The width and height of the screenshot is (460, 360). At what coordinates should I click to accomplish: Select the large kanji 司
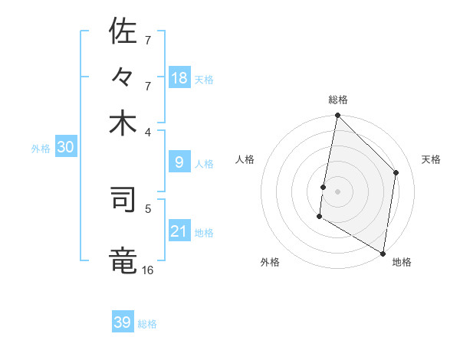click(x=123, y=200)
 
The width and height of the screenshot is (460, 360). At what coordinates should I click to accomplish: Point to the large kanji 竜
click(x=123, y=260)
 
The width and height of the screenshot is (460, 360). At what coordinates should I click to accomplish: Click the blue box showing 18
click(x=179, y=78)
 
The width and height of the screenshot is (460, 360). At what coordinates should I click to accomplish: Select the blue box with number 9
click(x=179, y=162)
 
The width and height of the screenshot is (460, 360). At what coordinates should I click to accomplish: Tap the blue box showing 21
click(x=179, y=231)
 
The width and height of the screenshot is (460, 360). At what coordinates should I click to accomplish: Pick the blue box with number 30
click(x=65, y=148)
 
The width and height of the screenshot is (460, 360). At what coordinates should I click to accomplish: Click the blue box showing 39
click(x=123, y=322)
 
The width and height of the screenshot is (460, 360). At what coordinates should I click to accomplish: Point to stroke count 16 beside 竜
click(x=147, y=270)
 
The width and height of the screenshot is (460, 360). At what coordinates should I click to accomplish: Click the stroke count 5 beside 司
click(x=148, y=208)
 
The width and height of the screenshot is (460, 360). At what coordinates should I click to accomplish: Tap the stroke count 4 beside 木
click(x=148, y=131)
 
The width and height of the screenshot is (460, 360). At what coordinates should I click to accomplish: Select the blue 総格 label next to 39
click(x=147, y=324)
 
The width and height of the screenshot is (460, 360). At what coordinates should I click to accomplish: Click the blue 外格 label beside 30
click(x=41, y=149)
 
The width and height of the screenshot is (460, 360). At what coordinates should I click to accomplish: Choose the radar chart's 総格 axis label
click(x=338, y=100)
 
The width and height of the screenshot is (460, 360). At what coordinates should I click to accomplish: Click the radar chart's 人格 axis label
click(x=245, y=159)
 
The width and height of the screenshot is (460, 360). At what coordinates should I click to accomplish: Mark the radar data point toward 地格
click(x=383, y=253)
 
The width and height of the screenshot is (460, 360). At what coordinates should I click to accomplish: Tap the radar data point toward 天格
click(x=396, y=172)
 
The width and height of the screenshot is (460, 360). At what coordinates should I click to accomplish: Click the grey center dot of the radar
click(x=337, y=191)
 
